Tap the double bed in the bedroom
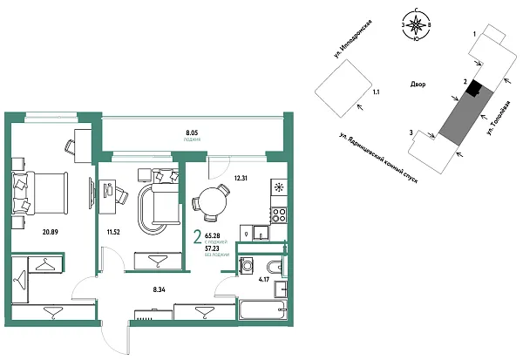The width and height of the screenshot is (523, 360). [x=39, y=189]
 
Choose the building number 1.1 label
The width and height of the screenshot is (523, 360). [x=376, y=91]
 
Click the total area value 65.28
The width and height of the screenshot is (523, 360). [x=213, y=234]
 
